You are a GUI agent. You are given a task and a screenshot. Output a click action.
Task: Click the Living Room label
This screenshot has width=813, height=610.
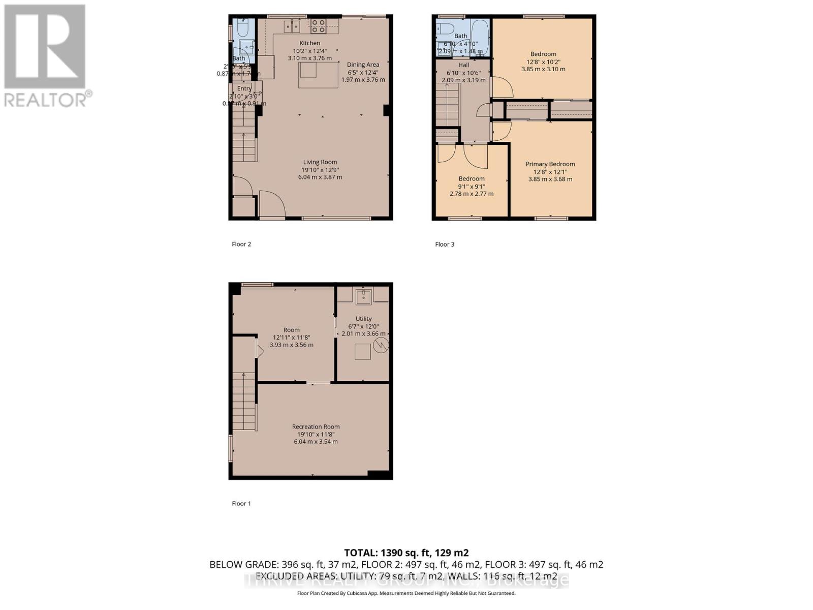pyautogui.click(x=320, y=162)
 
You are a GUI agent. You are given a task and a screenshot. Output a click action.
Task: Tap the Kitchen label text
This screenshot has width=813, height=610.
pyautogui.click(x=309, y=43)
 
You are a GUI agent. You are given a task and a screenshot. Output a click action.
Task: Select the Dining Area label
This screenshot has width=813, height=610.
pyautogui.click(x=363, y=65)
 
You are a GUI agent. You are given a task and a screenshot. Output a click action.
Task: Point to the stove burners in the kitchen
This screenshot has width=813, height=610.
pyautogui.click(x=319, y=25)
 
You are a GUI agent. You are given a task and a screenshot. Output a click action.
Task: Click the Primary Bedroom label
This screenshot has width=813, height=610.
pyautogui.click(x=550, y=164)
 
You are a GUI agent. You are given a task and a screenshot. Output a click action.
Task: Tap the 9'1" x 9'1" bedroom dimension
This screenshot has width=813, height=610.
pyautogui.click(x=472, y=186)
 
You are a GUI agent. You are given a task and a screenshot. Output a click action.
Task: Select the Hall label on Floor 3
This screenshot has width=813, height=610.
pyautogui.click(x=463, y=65)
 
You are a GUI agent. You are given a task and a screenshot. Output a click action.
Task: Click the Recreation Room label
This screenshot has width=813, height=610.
pyautogui.click(x=316, y=427)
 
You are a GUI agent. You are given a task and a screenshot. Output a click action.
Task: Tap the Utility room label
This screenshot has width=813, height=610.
pyautogui.click(x=363, y=319)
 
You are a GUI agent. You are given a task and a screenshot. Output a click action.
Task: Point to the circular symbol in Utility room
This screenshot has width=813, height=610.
pyautogui.click(x=381, y=346)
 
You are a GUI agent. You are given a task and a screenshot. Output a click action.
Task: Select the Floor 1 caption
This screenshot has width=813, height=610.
pyautogui.click(x=241, y=504)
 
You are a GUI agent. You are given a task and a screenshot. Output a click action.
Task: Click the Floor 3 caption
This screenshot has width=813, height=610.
pyautogui.click(x=445, y=245)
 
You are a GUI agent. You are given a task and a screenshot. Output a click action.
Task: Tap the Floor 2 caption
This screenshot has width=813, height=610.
pyautogui.click(x=241, y=244)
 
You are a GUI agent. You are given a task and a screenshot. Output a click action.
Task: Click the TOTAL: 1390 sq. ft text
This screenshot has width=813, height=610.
pyautogui.click(x=406, y=553)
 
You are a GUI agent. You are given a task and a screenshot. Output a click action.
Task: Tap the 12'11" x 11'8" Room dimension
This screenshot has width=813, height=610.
pyautogui.click(x=291, y=338)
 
